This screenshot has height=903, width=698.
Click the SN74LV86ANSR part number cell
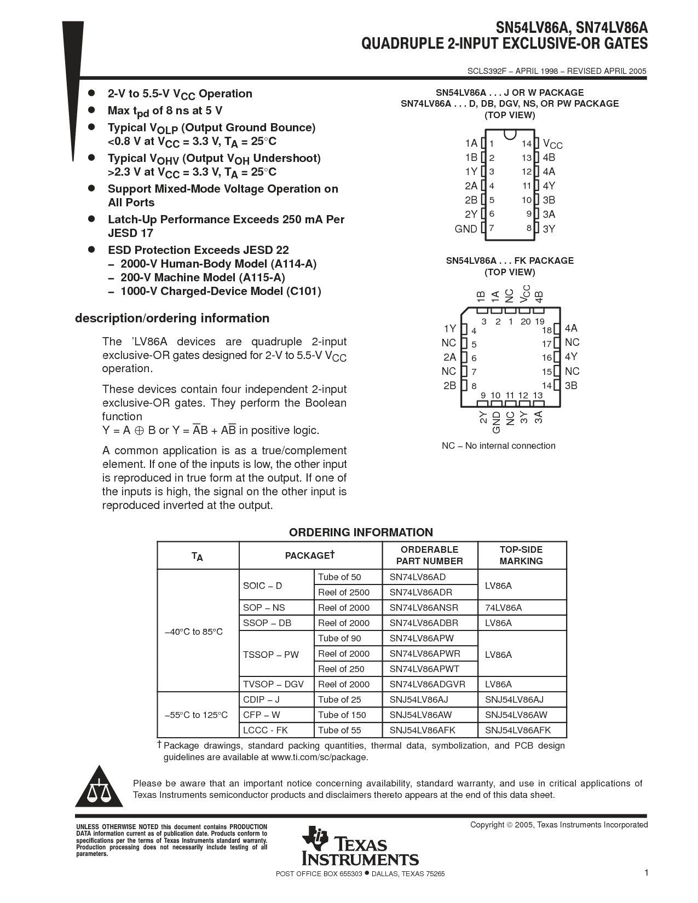pos(424,607)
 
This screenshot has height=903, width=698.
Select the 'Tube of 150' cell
pos(342,715)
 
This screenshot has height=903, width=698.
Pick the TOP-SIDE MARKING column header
pos(521,555)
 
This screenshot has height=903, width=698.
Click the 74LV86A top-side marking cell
pos(503,607)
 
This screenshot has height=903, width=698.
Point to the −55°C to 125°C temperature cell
pos(196,715)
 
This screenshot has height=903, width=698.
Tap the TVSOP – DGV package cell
pos(273,684)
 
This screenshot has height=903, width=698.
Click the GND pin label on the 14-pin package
pos(466,229)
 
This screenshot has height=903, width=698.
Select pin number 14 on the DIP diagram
pos(526,143)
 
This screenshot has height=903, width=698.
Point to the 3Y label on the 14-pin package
pos(549,229)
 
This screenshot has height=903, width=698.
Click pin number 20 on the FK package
pos(526,322)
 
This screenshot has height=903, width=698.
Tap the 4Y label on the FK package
pos(571,357)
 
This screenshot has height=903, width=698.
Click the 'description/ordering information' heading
pos(172,319)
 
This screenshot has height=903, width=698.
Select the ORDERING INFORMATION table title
pos(361,532)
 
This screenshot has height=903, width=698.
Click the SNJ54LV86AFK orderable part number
pos(422,730)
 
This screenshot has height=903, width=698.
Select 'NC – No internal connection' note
pos(498,445)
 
